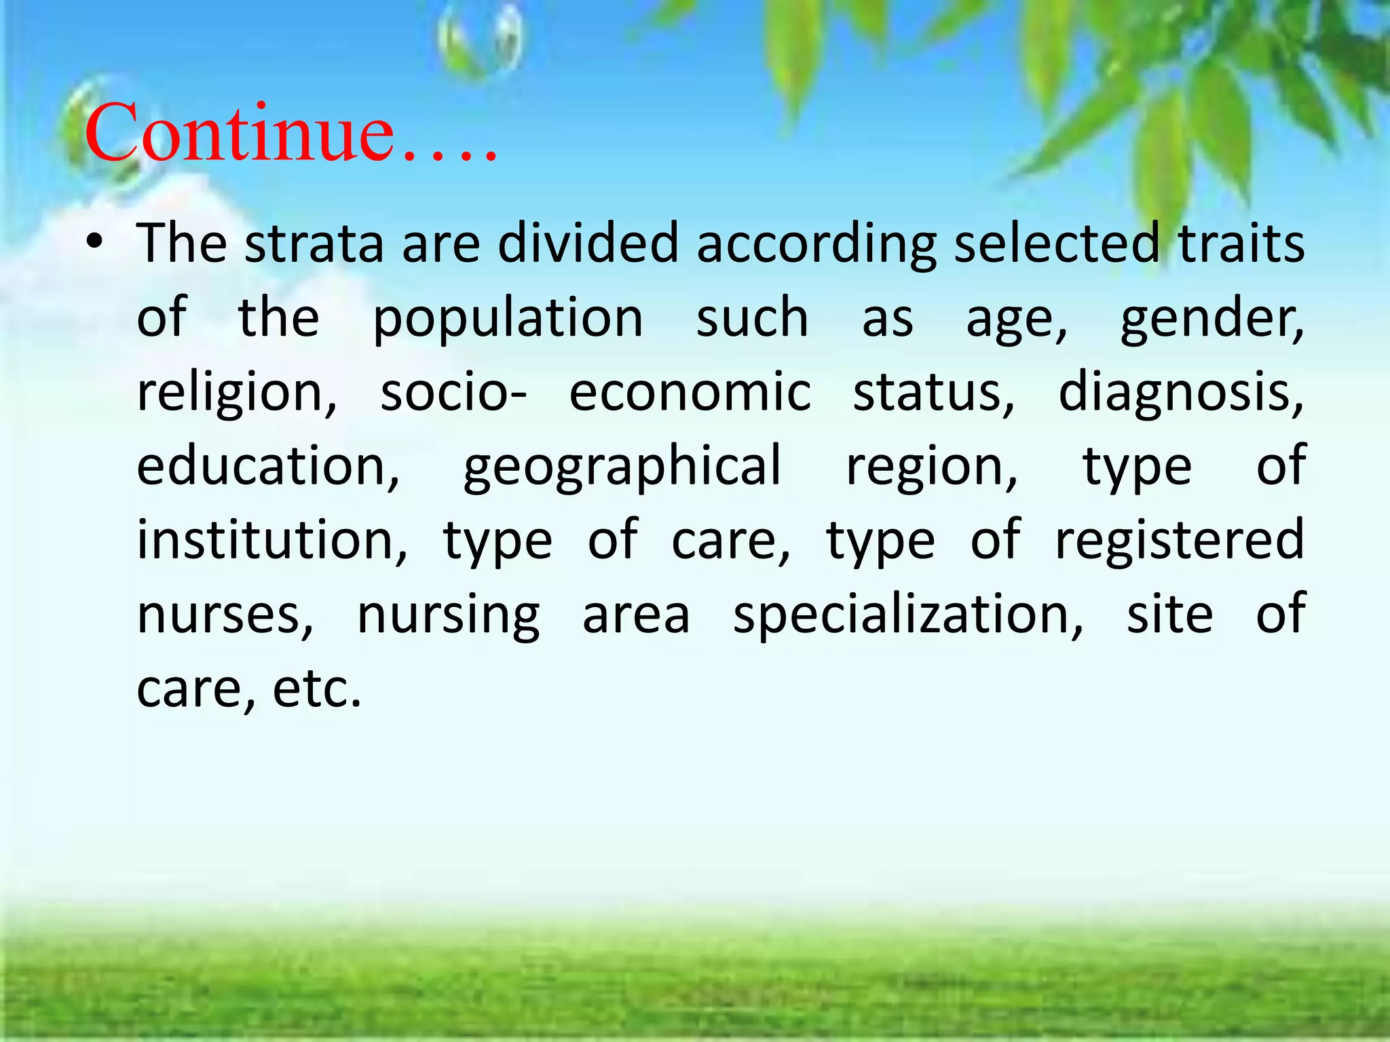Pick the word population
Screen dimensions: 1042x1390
pos(508,319)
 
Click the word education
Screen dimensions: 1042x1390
pos(269,467)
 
